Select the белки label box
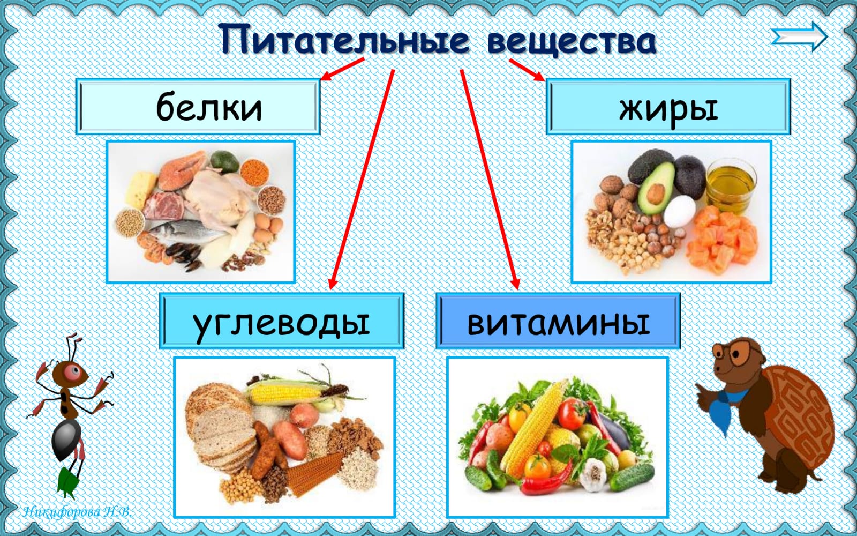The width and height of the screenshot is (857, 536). pos(198,107)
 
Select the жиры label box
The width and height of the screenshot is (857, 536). pos(668,107)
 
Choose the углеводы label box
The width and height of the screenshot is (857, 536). pos(282,321)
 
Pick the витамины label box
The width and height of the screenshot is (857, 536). pos(558,321)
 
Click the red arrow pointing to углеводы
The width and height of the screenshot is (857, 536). pos(362,179)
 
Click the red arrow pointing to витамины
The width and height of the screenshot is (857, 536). pos(490,179)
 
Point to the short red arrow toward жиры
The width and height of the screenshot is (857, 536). pos(527,70)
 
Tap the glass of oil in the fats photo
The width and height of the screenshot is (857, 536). pos(731,185)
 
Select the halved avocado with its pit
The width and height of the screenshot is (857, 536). pos(656,188)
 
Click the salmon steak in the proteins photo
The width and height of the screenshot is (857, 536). pos(182,170)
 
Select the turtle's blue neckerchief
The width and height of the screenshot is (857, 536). pos(723,408)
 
